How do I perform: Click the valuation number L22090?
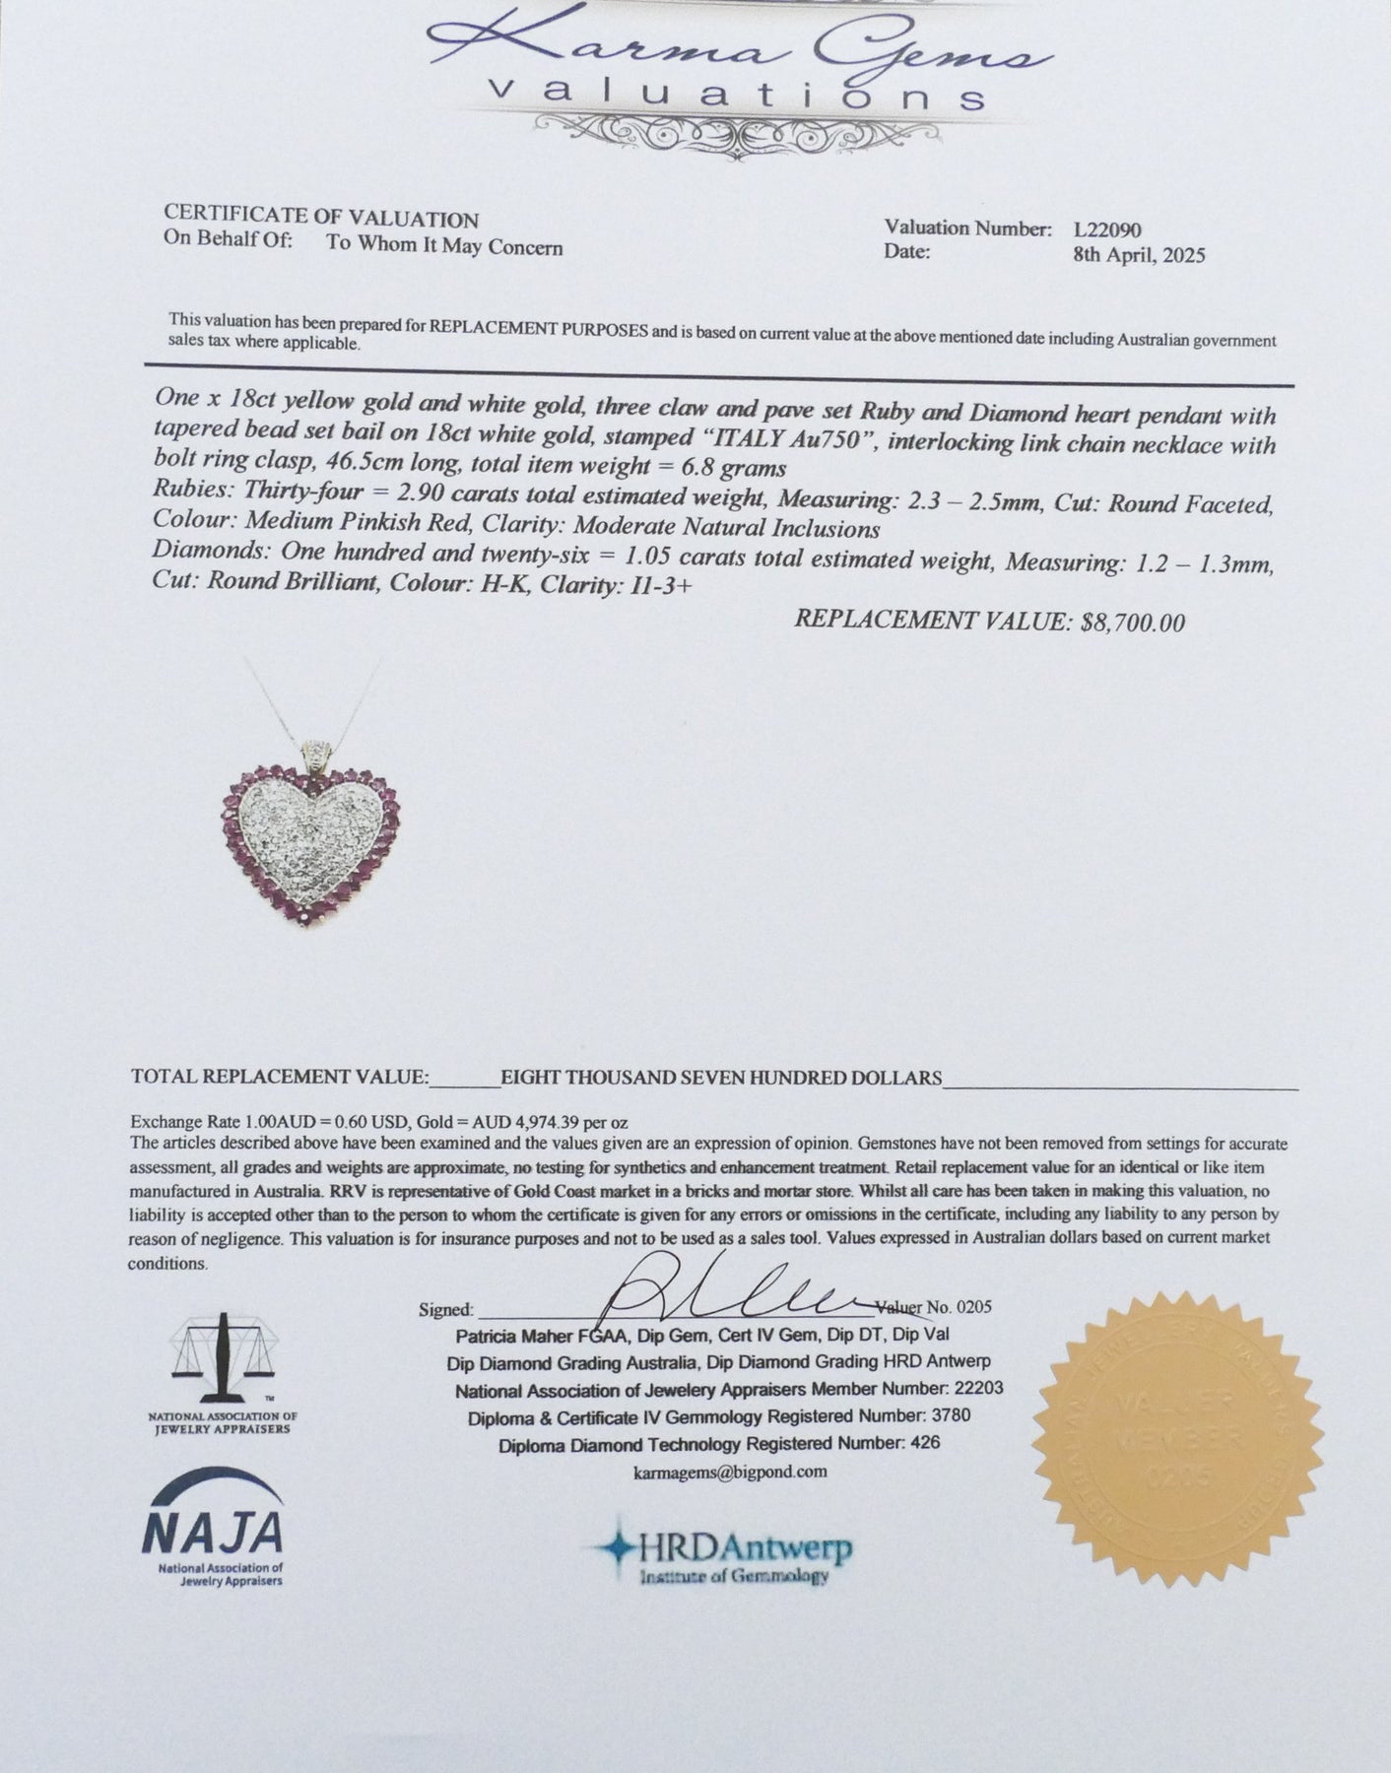click(x=1107, y=230)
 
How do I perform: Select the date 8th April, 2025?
click(x=1139, y=255)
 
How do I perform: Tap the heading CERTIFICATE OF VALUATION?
click(x=321, y=219)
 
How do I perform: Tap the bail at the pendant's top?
click(x=314, y=754)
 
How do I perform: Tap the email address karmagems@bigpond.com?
click(x=730, y=1472)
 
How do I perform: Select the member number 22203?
click(x=974, y=1390)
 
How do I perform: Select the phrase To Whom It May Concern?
click(x=444, y=246)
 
